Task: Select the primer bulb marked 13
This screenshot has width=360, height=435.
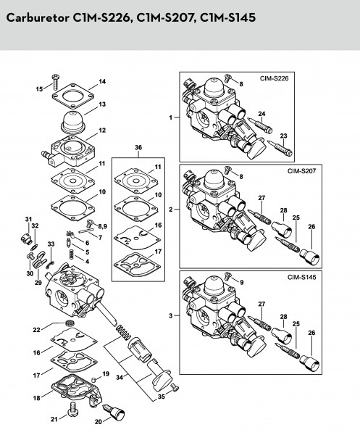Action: click(72, 123)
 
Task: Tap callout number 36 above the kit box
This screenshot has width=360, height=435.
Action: click(138, 147)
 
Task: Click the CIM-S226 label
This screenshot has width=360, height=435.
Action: click(274, 78)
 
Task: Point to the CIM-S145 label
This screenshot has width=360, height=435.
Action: click(301, 277)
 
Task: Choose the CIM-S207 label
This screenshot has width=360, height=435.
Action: click(301, 170)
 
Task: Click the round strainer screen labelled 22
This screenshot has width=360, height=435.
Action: click(70, 323)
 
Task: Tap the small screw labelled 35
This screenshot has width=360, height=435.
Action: click(175, 387)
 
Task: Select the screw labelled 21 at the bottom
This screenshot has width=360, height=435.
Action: click(72, 409)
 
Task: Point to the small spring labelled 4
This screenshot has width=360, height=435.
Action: click(72, 254)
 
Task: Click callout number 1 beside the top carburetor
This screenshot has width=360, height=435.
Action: click(171, 117)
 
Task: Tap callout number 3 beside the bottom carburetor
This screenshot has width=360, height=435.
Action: click(171, 315)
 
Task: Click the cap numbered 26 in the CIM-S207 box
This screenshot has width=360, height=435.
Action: click(310, 257)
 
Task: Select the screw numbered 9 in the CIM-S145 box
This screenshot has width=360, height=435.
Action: click(228, 276)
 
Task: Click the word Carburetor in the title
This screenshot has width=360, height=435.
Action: click(38, 17)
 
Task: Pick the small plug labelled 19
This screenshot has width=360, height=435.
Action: click(94, 378)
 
